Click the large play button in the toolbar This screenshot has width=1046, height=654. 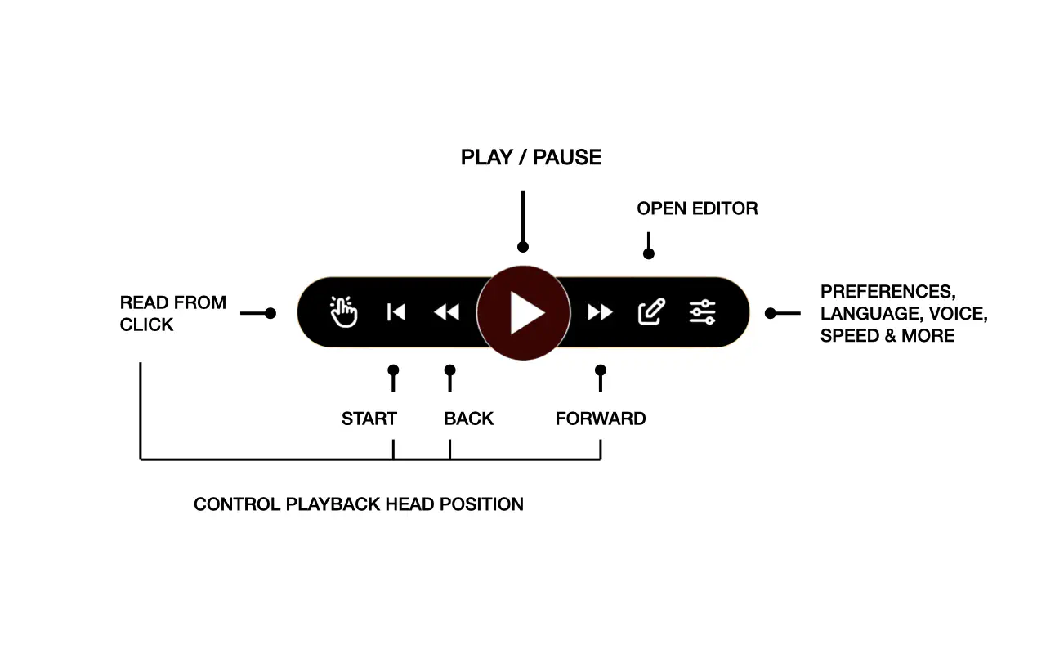click(523, 313)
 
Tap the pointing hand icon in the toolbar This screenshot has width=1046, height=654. click(344, 312)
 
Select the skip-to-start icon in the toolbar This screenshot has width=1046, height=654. click(396, 312)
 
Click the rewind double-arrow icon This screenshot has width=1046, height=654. click(446, 312)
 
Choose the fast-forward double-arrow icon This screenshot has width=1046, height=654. click(600, 312)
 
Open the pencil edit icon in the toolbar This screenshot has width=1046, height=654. click(651, 311)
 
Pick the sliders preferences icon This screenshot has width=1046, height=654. click(702, 311)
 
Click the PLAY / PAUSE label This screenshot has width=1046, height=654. click(531, 158)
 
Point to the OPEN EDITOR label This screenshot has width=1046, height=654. click(697, 208)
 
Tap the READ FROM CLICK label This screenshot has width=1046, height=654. click(172, 314)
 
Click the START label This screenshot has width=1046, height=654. click(369, 419)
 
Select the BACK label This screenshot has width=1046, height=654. click(468, 419)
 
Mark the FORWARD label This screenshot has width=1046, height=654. click(601, 419)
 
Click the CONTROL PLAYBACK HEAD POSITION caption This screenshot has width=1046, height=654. click(358, 504)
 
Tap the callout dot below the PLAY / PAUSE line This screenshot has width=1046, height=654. click(523, 247)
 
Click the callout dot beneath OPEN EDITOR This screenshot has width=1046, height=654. click(649, 253)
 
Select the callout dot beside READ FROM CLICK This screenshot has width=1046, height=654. click(270, 313)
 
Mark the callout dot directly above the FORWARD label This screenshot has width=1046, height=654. click(601, 370)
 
